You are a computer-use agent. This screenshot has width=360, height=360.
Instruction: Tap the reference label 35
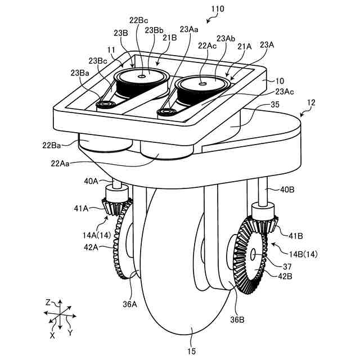275,105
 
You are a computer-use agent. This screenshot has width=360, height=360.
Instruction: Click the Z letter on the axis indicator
48,302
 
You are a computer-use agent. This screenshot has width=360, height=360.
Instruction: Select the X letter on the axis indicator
52,335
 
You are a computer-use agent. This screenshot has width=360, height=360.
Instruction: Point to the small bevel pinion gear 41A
117,204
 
